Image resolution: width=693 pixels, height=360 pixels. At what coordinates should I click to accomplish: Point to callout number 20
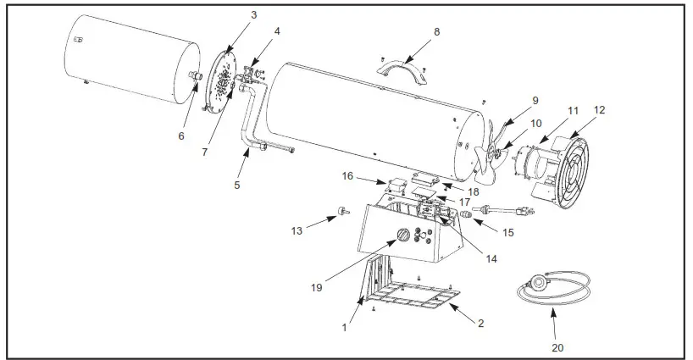[557, 346]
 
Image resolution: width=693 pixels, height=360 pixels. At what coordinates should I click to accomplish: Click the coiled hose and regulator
[551, 288]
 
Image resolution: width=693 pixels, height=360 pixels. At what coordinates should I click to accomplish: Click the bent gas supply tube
[252, 127]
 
